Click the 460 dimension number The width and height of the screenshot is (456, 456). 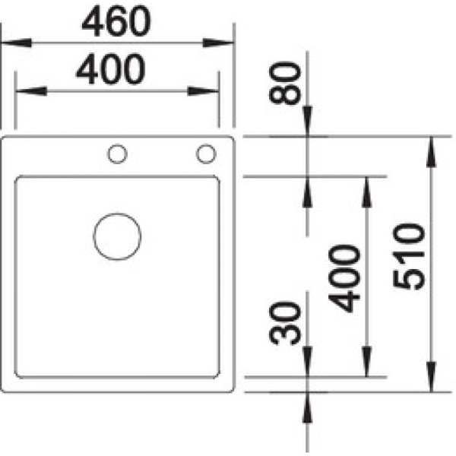pos(116,23)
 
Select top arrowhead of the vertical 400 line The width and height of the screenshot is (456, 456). pos(367,189)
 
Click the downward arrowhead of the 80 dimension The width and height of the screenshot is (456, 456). pos(308,124)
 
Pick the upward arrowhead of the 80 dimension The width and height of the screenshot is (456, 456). pos(308,189)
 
